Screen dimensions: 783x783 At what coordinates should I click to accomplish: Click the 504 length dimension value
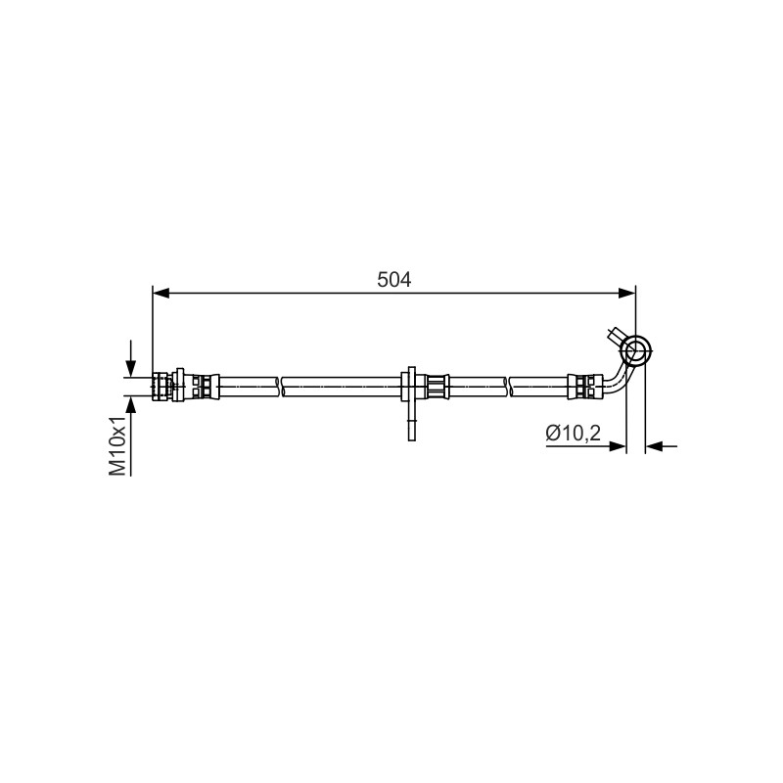(394, 280)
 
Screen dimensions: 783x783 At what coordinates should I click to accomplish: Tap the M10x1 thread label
(117, 447)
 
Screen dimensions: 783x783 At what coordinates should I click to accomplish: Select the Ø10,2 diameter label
(573, 433)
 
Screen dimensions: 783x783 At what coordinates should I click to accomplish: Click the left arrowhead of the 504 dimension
(161, 294)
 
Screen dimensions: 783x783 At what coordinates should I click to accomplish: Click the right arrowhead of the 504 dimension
(627, 294)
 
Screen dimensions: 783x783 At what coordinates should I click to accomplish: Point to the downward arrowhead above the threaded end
(130, 368)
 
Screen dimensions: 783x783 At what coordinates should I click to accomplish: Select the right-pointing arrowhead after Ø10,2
(617, 446)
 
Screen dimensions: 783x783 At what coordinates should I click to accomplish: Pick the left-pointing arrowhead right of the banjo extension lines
(654, 446)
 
